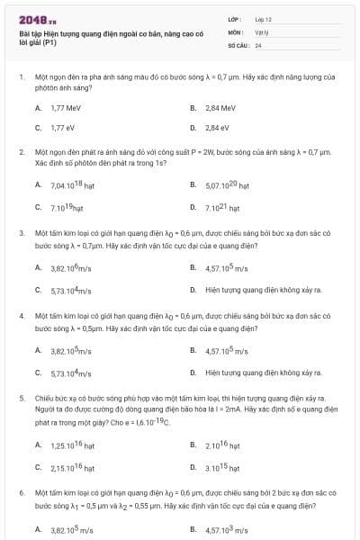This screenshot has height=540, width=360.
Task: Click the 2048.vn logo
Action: pyautogui.click(x=37, y=19)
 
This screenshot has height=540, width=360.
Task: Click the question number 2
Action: pyautogui.click(x=21, y=153)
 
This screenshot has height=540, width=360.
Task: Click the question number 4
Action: pyautogui.click(x=21, y=317)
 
